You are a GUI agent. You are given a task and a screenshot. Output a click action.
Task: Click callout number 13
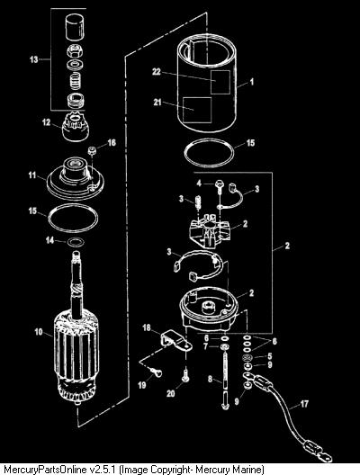(x=34, y=59)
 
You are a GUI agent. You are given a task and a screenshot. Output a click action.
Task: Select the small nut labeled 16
(x=92, y=149)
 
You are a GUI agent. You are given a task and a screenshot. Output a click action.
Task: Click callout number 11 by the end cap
(x=32, y=175)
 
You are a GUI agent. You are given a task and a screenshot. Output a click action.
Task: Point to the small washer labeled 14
(x=76, y=242)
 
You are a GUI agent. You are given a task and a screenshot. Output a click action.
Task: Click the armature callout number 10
(x=39, y=332)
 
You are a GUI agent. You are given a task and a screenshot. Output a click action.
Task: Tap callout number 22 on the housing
(x=157, y=72)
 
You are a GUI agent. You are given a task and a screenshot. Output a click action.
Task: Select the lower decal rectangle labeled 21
(x=197, y=110)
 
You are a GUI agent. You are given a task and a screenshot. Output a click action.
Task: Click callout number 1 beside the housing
(x=251, y=82)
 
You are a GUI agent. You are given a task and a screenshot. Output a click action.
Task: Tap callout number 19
(x=142, y=385)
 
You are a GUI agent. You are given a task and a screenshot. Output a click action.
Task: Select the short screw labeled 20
(x=185, y=374)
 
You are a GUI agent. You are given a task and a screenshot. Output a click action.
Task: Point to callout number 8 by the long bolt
(x=211, y=379)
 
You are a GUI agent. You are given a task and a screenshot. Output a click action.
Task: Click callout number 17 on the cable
(x=304, y=404)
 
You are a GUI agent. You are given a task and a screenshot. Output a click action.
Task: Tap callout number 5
(x=270, y=356)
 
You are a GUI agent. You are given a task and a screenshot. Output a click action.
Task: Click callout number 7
(x=206, y=346)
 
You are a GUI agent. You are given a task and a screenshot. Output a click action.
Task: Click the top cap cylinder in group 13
(x=74, y=27)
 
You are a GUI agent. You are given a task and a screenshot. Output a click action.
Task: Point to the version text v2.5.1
(x=103, y=470)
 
